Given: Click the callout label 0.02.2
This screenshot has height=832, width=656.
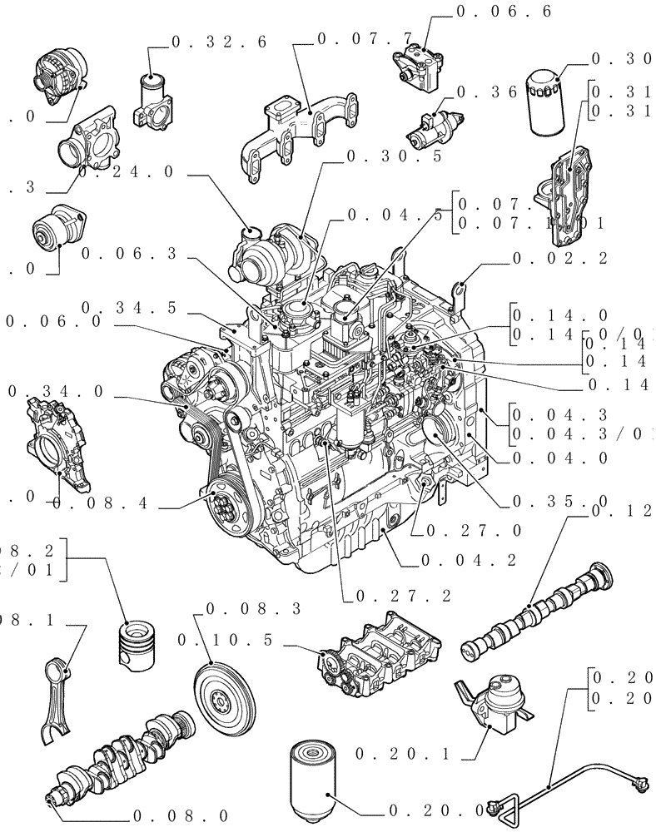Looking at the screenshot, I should (559, 259).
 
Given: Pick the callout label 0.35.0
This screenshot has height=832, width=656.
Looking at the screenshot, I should (559, 502).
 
